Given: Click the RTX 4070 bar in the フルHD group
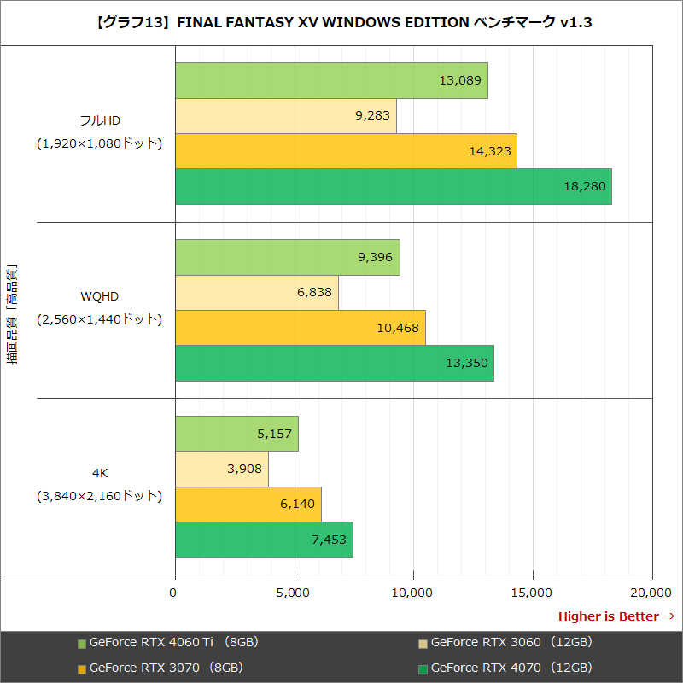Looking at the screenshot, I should (393, 187).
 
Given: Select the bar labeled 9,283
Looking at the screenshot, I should (285, 116).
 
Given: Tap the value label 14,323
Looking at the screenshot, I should (489, 151).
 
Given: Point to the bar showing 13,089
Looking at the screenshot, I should (331, 80).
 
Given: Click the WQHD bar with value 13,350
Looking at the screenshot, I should (334, 363).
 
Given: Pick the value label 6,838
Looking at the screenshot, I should (314, 292).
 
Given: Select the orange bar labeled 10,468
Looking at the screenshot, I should (300, 328).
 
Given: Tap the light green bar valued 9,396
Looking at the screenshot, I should (287, 257).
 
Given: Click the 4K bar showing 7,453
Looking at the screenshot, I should (264, 540).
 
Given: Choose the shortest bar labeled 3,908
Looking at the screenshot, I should (221, 469).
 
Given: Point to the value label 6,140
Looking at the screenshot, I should (297, 505).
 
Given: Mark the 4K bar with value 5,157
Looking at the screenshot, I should (236, 434).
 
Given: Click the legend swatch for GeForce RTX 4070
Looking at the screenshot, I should (423, 668).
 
